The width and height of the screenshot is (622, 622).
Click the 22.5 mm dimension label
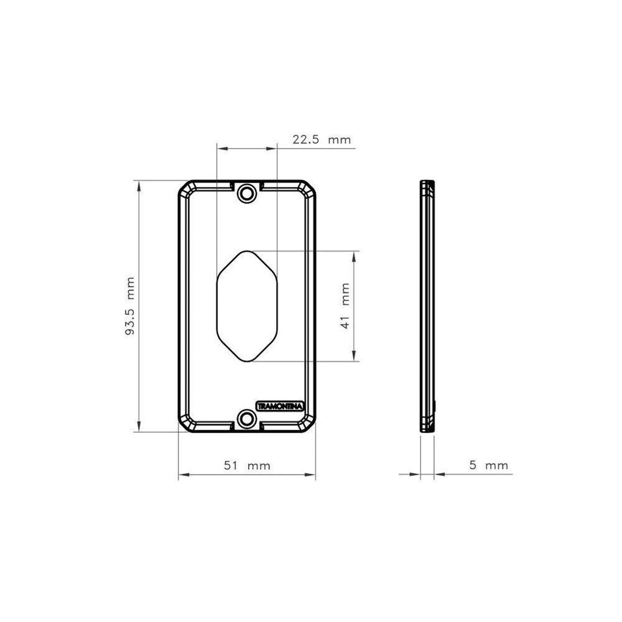(322, 140)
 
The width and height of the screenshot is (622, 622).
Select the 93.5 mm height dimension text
(130, 306)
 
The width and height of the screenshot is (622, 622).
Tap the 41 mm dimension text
(345, 306)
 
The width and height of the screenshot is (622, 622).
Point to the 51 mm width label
(247, 466)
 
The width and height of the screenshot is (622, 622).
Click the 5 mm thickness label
(488, 465)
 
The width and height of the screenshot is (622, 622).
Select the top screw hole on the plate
(248, 192)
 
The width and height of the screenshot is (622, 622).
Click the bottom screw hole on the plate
(248, 419)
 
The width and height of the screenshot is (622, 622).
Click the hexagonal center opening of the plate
(247, 306)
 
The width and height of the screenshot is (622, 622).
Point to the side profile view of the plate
(427, 306)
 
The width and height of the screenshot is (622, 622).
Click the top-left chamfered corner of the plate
(185, 188)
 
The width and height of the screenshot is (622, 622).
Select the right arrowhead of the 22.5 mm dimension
(272, 149)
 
